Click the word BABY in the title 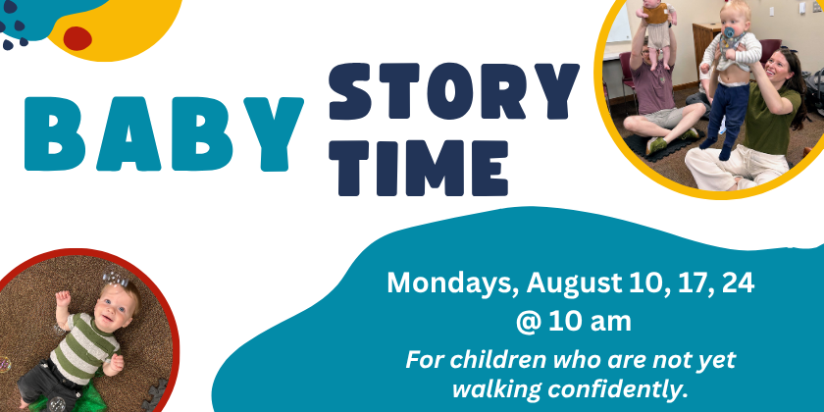click(x=164, y=134)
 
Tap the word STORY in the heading click(x=453, y=91)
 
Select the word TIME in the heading click(x=418, y=168)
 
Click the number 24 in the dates click(x=738, y=283)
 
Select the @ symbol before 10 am click(x=528, y=322)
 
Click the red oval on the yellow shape click(x=77, y=38)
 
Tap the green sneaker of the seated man click(x=656, y=145)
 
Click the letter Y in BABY click(x=274, y=134)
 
